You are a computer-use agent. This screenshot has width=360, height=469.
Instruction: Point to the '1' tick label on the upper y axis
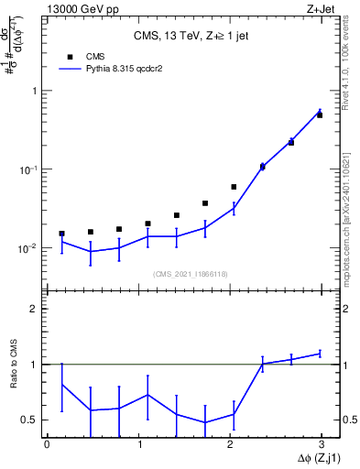pos(35,92)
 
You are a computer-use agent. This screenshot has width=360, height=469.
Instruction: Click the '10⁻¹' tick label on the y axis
pos(29,169)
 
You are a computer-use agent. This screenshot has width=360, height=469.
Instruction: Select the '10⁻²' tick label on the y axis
pos(29,248)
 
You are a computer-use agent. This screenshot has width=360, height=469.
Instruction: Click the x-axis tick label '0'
pos(47,444)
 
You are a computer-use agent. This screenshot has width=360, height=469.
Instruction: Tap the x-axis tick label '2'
pos(230,444)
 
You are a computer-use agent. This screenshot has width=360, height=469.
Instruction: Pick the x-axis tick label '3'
pos(322,444)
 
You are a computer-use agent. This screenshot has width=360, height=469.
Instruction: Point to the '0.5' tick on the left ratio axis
pos(31,420)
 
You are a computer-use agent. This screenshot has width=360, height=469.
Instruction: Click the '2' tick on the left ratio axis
pos(35,309)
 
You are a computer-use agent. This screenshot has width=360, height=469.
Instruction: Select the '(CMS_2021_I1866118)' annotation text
pos(191,274)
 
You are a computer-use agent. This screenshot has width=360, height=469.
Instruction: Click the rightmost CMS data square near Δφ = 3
pos(320,115)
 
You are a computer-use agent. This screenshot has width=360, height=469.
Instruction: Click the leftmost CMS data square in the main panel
pos(61,234)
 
